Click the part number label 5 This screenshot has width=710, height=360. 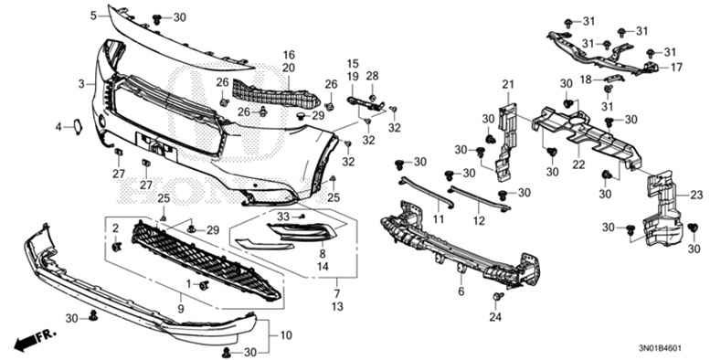click(x=93, y=16)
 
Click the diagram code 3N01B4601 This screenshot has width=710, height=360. click(x=672, y=347)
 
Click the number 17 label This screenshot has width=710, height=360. click(x=677, y=68)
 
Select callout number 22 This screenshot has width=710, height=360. click(x=578, y=164)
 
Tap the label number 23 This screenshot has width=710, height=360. click(x=695, y=195)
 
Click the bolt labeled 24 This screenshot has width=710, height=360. click(x=496, y=299)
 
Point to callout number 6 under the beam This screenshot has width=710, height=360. click(x=461, y=291)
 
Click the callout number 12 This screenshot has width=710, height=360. click(x=478, y=221)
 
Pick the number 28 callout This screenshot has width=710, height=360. click(x=372, y=74)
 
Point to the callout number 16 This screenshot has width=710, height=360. click(x=288, y=54)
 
